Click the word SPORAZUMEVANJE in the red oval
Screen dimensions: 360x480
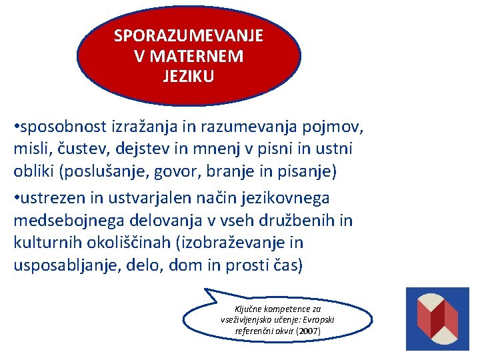coord(189,35)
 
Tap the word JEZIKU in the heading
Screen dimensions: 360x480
coord(189,77)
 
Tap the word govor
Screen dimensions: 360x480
coord(175,172)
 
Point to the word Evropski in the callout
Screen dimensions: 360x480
coord(319,320)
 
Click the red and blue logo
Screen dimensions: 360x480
coord(437,319)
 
